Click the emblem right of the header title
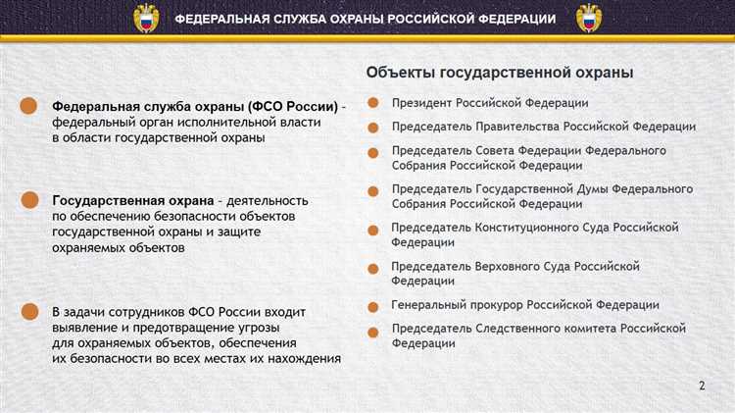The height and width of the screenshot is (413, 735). (588, 19)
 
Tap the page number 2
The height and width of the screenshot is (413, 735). (701, 385)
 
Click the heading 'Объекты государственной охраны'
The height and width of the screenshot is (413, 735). (500, 73)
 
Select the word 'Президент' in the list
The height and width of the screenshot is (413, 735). (421, 103)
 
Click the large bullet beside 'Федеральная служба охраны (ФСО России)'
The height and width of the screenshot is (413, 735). (31, 106)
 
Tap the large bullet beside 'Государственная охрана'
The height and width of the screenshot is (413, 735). (31, 200)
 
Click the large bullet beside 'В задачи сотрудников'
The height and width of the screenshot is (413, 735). (31, 312)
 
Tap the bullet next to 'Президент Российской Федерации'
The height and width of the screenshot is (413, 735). (373, 103)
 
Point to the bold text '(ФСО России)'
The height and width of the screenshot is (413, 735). (293, 105)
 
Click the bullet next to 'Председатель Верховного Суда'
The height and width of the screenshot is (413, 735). (373, 268)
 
